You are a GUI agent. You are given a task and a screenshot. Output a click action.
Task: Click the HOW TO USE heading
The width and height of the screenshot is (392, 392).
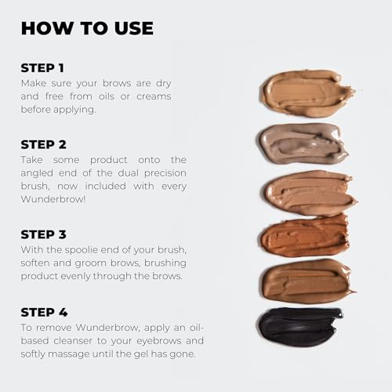coord(87,28)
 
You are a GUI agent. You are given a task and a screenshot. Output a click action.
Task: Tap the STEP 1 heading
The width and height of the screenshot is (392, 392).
coord(42,67)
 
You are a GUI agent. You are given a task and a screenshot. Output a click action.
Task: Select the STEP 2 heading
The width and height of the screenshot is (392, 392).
coord(43,144)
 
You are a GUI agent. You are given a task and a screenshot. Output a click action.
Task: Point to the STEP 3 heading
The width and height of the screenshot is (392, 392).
coord(43,234)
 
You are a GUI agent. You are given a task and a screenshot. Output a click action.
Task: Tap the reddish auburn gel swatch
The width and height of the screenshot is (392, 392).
coord(304,236)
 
